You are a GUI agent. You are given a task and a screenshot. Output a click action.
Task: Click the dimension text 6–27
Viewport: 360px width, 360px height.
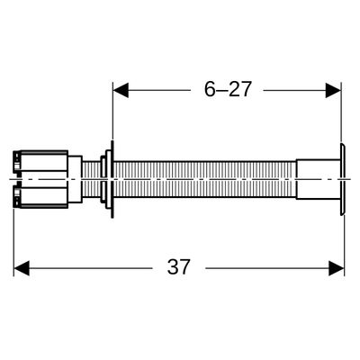coord(228,89)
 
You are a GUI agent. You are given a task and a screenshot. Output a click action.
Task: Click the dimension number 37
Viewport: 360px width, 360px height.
coord(179,267)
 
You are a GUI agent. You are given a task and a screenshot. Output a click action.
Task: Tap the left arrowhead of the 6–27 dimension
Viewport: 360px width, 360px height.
coord(121,90)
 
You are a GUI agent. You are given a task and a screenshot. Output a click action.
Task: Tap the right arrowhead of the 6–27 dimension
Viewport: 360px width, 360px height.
coord(333,90)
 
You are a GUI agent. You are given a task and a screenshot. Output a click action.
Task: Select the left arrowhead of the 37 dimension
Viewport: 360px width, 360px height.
coord(22,268)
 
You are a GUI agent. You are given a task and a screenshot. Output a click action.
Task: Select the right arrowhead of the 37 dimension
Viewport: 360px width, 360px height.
coord(337,268)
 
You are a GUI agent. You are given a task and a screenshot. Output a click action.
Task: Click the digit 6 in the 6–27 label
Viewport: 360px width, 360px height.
coord(210,89)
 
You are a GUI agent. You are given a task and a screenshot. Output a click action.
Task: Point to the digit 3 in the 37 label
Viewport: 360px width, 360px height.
coord(173,267)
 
